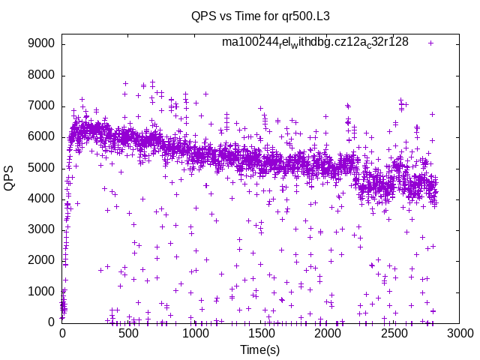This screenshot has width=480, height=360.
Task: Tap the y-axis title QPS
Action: click(10, 178)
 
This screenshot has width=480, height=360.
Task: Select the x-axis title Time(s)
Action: click(260, 349)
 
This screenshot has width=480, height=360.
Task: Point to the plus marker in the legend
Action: click(430, 43)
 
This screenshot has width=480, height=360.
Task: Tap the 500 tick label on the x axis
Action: click(128, 333)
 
